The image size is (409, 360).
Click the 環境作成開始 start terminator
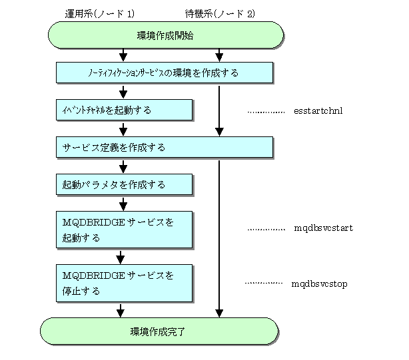click(166, 35)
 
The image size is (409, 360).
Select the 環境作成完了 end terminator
click(159, 331)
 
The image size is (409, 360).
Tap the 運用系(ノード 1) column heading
click(100, 13)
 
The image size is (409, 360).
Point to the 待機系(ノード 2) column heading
click(220, 13)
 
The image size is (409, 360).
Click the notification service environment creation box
click(165, 73)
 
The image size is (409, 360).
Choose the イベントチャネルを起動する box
click(125, 110)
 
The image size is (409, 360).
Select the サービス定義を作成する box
click(165, 147)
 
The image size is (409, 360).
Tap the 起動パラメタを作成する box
click(125, 184)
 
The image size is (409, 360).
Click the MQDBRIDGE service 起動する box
click(125, 230)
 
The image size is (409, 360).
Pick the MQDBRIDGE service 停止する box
click(125, 283)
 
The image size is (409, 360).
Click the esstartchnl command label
click(318, 110)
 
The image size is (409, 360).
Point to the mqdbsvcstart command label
click(324, 228)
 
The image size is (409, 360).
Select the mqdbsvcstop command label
click(319, 283)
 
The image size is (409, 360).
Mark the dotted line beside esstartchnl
click(266, 112)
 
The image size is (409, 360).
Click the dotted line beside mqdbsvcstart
click(266, 230)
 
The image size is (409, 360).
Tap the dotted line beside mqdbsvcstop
click(264, 283)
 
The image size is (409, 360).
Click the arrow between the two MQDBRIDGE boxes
click(121, 258)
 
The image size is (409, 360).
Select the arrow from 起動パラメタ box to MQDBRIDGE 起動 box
click(123, 204)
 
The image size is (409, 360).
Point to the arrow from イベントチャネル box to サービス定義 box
click(123, 130)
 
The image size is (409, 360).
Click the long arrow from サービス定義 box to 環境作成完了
click(219, 239)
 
